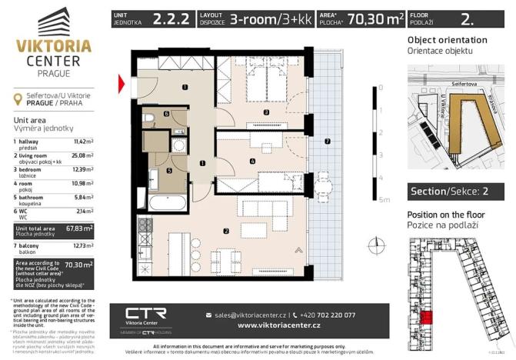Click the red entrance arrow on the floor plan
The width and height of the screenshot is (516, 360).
click(122, 84)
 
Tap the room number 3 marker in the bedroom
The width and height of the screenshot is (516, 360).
click(265, 113)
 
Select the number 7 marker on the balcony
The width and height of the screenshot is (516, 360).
click(327, 141)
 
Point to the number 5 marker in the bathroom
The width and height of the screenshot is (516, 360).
click(170, 171)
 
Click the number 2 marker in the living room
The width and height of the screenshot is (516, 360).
click(225, 229)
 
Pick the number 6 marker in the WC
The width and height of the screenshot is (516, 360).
click(166, 114)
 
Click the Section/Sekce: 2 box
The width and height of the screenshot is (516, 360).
click(454, 192)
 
